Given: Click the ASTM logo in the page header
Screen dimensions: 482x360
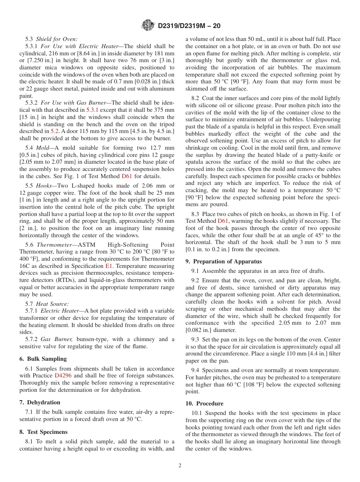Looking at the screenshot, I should tap(148, 25).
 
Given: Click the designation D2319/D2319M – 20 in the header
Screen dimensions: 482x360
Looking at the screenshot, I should tap(189, 26).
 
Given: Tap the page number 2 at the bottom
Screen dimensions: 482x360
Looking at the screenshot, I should tap(180, 466).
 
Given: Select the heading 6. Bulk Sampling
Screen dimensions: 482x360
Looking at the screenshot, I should tap(43, 359).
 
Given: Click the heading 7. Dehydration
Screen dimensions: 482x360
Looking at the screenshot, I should tap(40, 402).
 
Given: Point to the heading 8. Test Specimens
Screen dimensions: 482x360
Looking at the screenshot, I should tap(44, 432).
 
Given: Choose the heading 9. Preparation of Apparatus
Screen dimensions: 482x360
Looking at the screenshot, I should tap(224, 261).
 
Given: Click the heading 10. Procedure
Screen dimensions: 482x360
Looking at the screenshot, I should tap(205, 404).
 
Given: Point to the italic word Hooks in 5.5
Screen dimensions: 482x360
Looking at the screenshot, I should tap(44, 186).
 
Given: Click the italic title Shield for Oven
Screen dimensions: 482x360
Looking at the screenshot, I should tap(56, 39).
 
